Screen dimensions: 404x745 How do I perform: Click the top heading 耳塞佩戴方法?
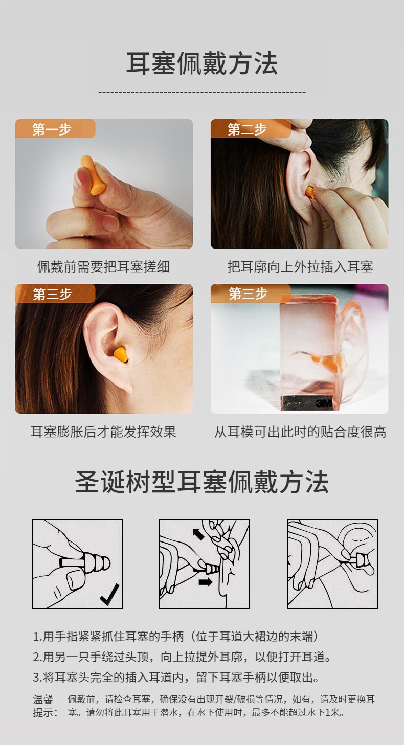[202, 63]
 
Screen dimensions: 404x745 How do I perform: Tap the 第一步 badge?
[55, 129]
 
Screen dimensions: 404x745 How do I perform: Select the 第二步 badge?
[251, 129]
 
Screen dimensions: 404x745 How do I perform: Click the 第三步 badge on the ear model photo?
[251, 294]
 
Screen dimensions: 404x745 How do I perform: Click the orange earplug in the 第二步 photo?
[310, 193]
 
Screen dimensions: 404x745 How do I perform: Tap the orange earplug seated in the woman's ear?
[121, 354]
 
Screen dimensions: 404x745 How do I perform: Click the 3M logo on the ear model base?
[324, 403]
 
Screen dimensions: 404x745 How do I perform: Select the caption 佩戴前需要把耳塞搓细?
[103, 267]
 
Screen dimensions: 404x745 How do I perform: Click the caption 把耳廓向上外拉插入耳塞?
[300, 267]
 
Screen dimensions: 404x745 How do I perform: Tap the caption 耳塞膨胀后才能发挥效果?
[103, 432]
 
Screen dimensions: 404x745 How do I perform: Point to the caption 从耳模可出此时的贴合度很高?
[300, 432]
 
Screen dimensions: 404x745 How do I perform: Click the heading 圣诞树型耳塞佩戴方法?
[202, 482]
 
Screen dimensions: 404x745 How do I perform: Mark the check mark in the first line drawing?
[109, 595]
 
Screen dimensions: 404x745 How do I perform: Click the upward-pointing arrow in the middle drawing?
[198, 534]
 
